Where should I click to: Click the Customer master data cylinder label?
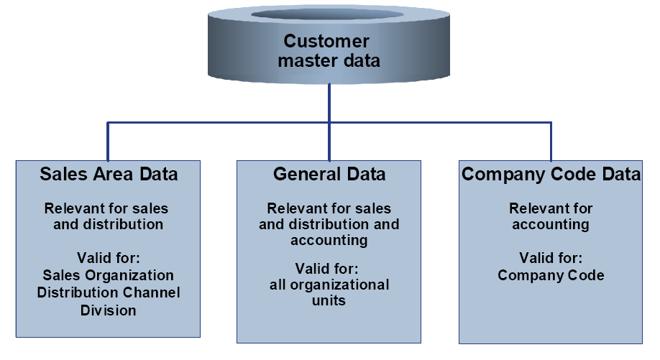pyautogui.click(x=329, y=51)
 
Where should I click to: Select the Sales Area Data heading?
pyautogui.click(x=109, y=175)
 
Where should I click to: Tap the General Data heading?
pyautogui.click(x=329, y=175)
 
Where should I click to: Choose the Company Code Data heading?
pyautogui.click(x=551, y=175)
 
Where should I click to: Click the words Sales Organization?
pyautogui.click(x=109, y=275)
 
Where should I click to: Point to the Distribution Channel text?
pyautogui.click(x=109, y=292)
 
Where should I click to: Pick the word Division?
pyautogui.click(x=109, y=310)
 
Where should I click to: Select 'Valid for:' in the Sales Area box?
pyautogui.click(x=109, y=257)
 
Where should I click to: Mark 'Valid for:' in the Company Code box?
pyautogui.click(x=551, y=257)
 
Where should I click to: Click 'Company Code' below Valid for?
pyautogui.click(x=551, y=275)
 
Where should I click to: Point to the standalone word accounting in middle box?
pyautogui.click(x=329, y=241)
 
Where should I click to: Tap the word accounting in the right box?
pyautogui.click(x=551, y=224)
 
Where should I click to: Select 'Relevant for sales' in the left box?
pyautogui.click(x=106, y=209)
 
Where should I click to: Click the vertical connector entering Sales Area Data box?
pyautogui.click(x=108, y=142)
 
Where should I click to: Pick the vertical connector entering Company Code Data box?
pyautogui.click(x=551, y=142)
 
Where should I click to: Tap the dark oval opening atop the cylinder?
pyautogui.click(x=329, y=15)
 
